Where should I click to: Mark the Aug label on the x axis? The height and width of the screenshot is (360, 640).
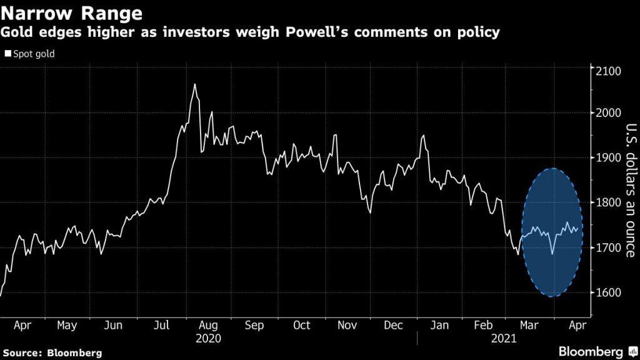coord(207,326)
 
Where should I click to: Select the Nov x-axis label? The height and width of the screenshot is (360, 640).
coord(348,326)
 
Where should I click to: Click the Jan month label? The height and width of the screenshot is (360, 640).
coord(440,326)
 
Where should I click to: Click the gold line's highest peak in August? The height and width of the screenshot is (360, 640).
coord(195,84)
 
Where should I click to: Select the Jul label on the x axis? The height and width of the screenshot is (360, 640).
coord(161,326)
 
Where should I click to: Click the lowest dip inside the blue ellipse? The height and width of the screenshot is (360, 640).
coord(552,254)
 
